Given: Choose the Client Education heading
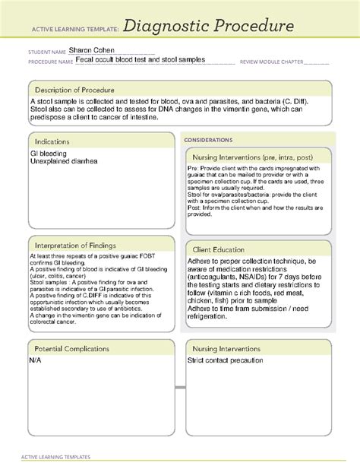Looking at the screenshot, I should [228, 249].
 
